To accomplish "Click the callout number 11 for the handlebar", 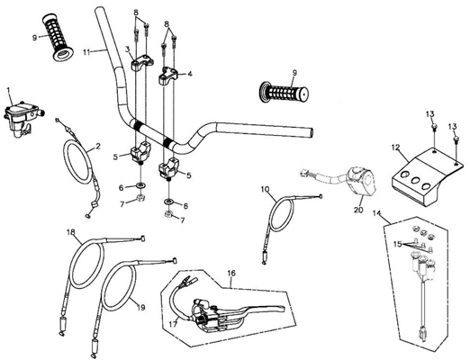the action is tap(87, 52).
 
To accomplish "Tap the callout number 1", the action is tap(8, 89).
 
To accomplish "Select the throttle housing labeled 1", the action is tap(23, 118).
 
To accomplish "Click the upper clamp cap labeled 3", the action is tap(142, 63).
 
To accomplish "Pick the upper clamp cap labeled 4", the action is tap(168, 76).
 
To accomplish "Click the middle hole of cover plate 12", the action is tap(415, 180).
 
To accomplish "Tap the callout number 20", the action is tap(358, 210).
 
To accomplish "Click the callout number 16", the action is tap(231, 273).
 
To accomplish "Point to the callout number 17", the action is tap(173, 324).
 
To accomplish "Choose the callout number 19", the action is tap(141, 308).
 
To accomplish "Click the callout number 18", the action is tap(71, 232).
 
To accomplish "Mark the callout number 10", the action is tap(266, 189).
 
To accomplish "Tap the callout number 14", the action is tap(376, 213).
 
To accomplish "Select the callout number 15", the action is tap(397, 244).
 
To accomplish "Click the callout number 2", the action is tap(98, 146).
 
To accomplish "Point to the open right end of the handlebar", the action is tap(311, 132).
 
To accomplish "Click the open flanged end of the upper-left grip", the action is tap(63, 56).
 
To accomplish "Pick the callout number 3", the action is tap(127, 49).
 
